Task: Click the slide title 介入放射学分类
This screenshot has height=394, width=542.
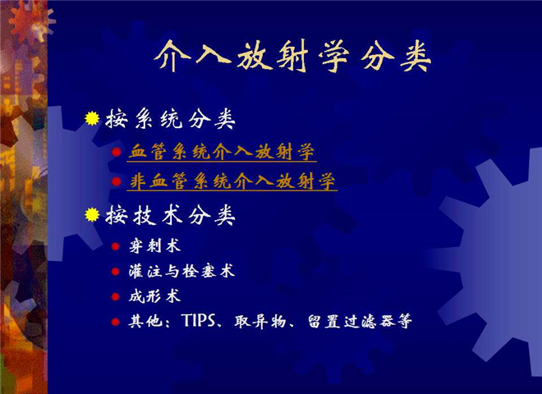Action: pyautogui.click(x=292, y=56)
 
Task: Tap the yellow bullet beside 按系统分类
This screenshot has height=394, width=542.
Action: pyautogui.click(x=92, y=118)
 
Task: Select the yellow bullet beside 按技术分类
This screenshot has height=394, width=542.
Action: pyautogui.click(x=92, y=214)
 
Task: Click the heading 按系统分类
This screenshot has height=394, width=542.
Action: pyautogui.click(x=171, y=119)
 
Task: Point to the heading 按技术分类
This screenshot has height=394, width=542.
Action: pyautogui.click(x=171, y=215)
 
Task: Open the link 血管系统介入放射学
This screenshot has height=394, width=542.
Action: pyautogui.click(x=222, y=152)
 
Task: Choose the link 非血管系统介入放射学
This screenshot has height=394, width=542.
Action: pyautogui.click(x=232, y=181)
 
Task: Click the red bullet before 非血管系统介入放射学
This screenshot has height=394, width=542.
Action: pyautogui.click(x=117, y=181)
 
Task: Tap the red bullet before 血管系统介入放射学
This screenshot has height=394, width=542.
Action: pyautogui.click(x=117, y=152)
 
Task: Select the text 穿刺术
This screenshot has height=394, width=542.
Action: pyautogui.click(x=154, y=246)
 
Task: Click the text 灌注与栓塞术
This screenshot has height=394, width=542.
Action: pyautogui.click(x=181, y=271)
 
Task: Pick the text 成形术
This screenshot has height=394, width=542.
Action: pyautogui.click(x=154, y=296)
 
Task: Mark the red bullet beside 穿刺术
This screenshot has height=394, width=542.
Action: pyautogui.click(x=116, y=246)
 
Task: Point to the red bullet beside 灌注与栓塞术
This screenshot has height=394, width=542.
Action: pyautogui.click(x=116, y=272)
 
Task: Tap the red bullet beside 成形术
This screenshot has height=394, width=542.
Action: pyautogui.click(x=116, y=297)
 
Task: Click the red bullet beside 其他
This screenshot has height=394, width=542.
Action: pyautogui.click(x=116, y=322)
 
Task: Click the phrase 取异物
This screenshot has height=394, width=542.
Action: pyautogui.click(x=260, y=322)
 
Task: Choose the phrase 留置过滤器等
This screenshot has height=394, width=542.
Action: pyautogui.click(x=360, y=322)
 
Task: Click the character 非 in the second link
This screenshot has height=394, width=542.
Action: pyautogui.click(x=138, y=181)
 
